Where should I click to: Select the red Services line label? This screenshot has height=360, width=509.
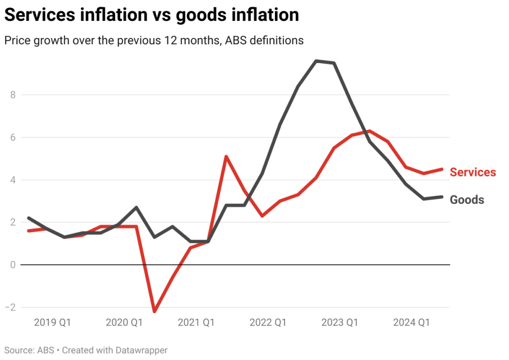click(473, 172)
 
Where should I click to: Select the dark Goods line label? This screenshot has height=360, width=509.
click(467, 200)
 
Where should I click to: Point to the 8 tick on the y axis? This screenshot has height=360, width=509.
click(13, 95)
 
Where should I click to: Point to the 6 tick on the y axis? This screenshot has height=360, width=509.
click(13, 137)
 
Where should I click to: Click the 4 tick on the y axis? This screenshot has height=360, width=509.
click(13, 180)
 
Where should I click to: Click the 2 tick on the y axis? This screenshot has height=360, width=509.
click(13, 222)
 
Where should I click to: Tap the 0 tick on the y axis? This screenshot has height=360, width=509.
click(13, 265)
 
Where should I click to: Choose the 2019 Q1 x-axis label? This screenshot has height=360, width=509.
click(53, 323)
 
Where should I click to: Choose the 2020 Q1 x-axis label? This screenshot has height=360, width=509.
click(124, 323)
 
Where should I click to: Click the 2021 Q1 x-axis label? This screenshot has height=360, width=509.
click(196, 323)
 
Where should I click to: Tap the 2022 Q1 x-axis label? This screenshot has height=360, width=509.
click(268, 323)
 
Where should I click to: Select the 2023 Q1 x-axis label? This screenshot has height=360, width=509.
click(339, 323)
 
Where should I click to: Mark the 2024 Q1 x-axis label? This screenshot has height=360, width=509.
click(411, 323)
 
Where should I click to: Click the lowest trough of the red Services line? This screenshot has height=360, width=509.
click(155, 311)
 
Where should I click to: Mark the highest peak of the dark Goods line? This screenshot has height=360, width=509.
click(316, 61)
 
